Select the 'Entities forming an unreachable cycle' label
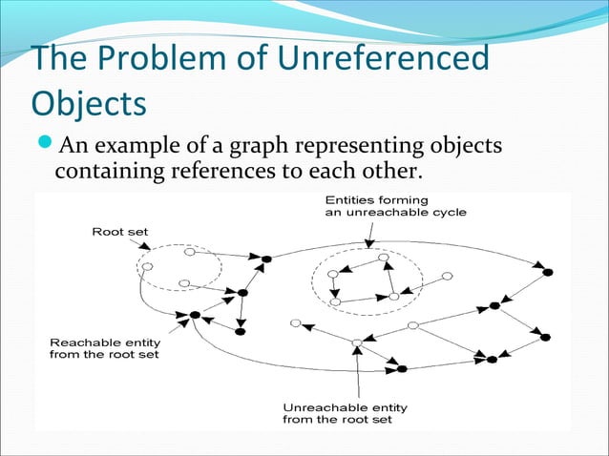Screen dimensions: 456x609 click(395, 206)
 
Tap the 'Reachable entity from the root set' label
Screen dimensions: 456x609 click(105, 347)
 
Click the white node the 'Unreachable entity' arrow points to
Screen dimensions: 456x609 click(357, 342)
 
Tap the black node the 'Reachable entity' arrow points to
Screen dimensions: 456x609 click(195, 314)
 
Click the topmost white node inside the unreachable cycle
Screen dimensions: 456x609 click(384, 258)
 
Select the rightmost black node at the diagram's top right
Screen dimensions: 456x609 click(548, 273)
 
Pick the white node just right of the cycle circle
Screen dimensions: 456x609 click(445, 278)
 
